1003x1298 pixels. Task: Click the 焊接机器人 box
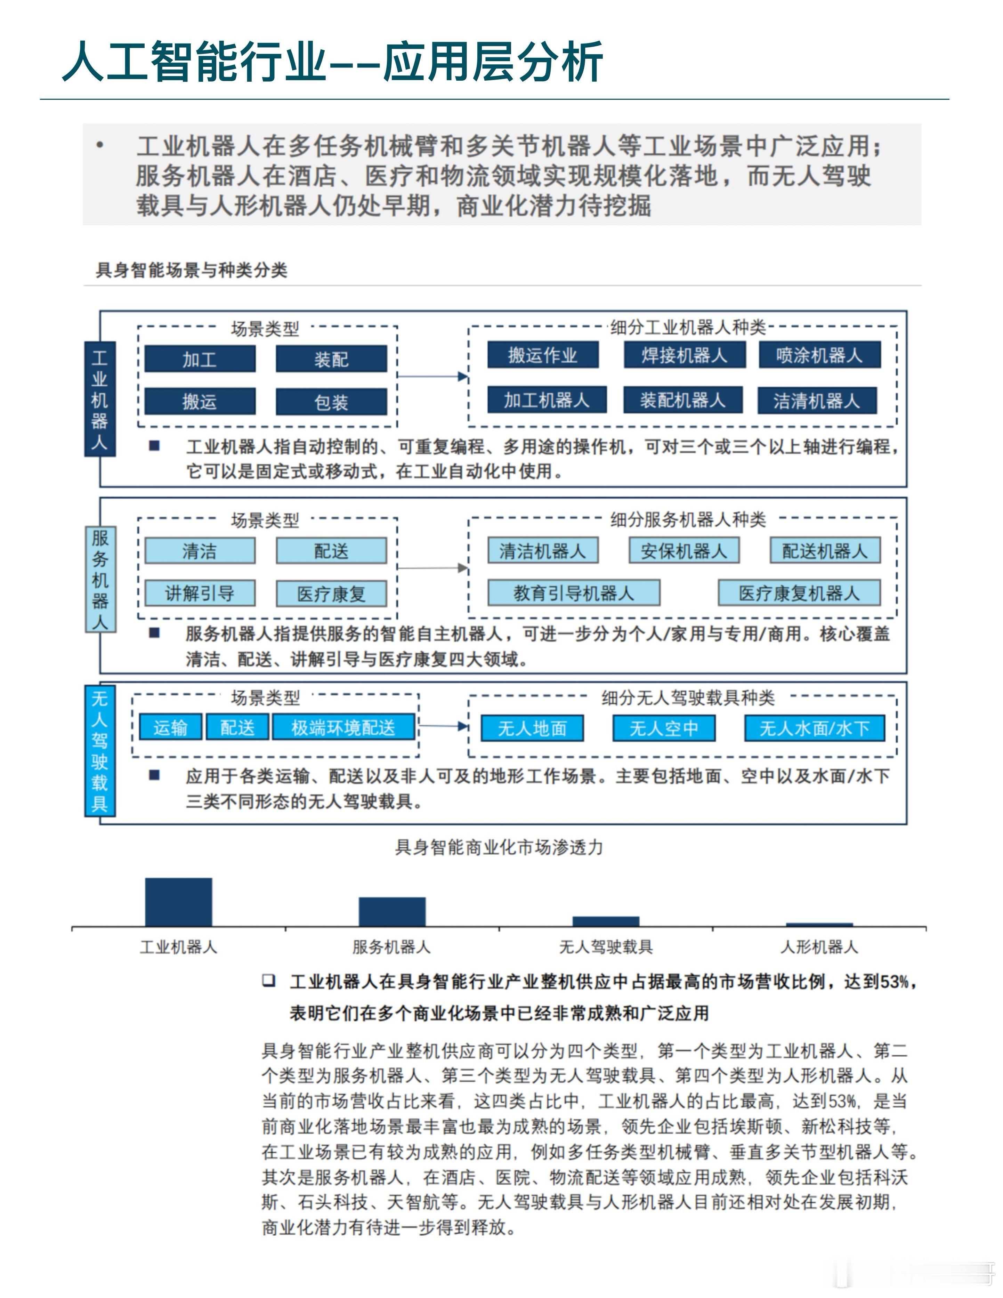pos(684,355)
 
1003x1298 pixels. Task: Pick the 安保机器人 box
pos(684,551)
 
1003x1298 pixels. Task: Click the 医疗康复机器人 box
pos(799,593)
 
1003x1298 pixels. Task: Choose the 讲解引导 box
pos(200,593)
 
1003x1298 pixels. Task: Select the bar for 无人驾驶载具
pos(606,921)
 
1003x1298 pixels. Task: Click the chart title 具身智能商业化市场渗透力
pos(499,847)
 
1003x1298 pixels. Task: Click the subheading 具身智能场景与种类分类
pos(191,271)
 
